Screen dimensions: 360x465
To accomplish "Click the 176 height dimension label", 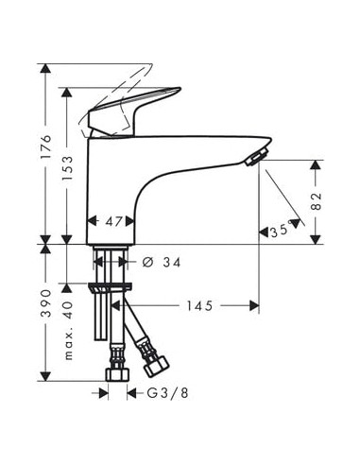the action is tap(46, 146).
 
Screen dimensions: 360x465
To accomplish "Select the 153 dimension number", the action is tap(67, 168).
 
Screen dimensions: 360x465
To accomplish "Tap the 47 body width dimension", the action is tap(113, 222).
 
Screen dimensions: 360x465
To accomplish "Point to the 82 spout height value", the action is tap(317, 201).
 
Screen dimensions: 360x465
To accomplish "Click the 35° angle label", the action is tap(281, 231).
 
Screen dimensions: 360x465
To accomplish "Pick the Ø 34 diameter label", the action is tap(162, 262).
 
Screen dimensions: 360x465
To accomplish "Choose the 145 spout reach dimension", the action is tap(199, 305).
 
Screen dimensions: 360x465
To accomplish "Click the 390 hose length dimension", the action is tap(46, 303).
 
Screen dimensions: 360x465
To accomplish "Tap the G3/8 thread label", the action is tap(168, 393).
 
